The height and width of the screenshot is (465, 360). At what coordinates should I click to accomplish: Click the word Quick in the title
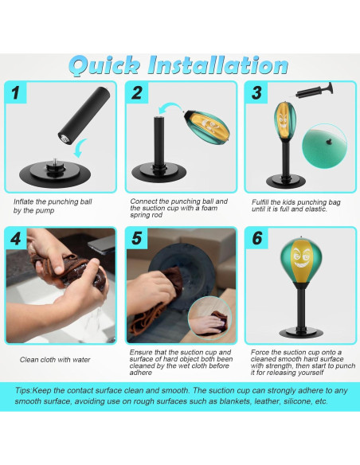coord(104,66)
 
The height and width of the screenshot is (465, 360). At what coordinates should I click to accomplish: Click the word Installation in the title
coord(218,65)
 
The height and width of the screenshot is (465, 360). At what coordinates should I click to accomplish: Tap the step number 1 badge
coord(15,92)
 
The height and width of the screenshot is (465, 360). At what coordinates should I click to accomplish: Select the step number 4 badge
coord(16,238)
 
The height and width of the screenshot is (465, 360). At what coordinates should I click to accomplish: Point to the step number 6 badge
coord(256,238)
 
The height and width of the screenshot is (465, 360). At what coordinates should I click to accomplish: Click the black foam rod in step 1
coord(84,115)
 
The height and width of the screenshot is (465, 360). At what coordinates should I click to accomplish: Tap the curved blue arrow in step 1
coord(80,147)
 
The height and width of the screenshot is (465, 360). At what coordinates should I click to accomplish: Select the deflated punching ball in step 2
coord(207,123)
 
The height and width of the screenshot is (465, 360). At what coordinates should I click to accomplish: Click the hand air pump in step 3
coord(314,92)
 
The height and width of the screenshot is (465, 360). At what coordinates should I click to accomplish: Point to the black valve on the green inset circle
coord(328,142)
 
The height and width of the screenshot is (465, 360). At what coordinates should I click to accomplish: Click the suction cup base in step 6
coord(300,332)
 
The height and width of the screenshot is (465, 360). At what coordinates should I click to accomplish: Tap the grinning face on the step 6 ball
coord(301,256)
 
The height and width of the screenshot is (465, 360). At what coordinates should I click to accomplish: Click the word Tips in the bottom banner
coord(23,391)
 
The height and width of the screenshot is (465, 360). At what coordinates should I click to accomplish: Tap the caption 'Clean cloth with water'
coord(55,360)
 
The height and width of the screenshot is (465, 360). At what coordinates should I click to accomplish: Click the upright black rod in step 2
coord(159,142)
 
